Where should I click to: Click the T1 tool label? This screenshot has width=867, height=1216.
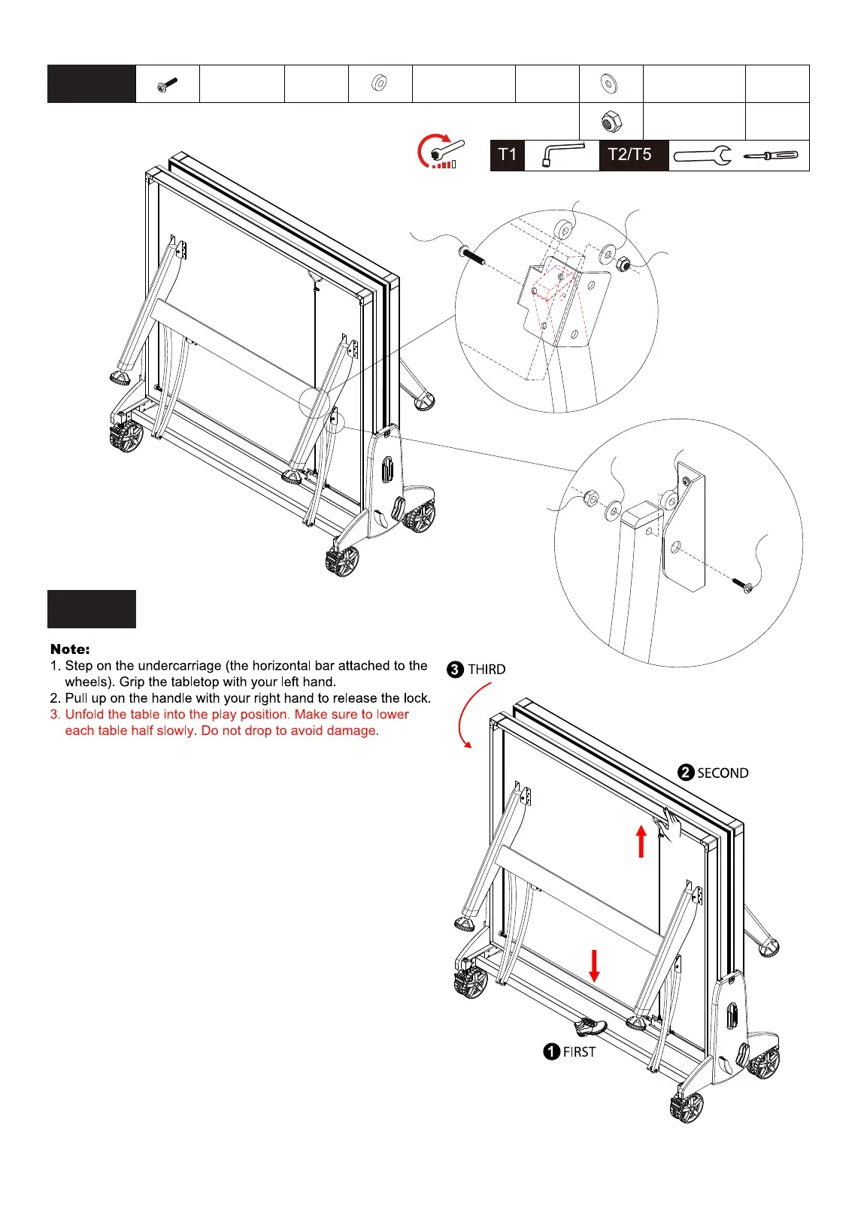point(508,155)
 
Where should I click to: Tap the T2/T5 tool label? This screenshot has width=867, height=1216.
point(629,155)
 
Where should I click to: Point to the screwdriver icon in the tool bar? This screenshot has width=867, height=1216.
point(771,156)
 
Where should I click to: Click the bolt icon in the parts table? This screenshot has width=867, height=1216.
point(167,85)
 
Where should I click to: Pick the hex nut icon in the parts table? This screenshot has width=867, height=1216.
point(611,121)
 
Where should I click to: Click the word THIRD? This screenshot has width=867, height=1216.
point(487,670)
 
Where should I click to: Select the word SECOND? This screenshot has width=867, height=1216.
point(723,773)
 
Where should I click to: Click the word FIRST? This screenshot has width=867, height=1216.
point(579,1052)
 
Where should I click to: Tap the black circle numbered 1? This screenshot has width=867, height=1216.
point(551,1052)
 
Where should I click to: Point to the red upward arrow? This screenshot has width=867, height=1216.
point(641,841)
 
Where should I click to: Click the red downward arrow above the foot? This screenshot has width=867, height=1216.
point(594,966)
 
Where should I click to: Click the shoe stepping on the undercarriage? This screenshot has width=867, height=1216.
point(590,1025)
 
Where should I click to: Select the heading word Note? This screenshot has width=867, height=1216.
point(70,649)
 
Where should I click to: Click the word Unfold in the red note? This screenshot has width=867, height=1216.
point(86,715)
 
